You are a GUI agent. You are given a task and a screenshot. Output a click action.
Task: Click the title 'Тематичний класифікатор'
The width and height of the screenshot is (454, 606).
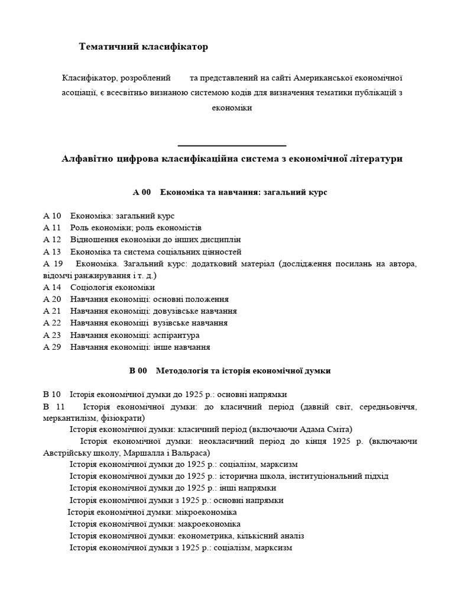click(144, 46)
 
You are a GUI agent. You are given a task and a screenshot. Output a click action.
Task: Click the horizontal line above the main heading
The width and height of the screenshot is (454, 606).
click(232, 145)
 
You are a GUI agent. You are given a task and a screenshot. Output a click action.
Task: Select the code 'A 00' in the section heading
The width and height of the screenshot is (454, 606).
click(142, 192)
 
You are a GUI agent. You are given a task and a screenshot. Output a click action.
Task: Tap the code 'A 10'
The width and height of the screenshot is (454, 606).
click(52, 216)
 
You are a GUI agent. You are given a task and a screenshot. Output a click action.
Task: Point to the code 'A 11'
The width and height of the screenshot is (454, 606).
click(52, 228)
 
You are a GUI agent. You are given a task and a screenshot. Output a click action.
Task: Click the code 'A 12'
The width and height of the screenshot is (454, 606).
click(52, 240)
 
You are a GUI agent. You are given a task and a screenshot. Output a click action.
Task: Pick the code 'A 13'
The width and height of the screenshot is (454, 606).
click(52, 252)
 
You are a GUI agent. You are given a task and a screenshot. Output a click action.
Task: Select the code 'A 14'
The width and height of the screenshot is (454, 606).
click(52, 288)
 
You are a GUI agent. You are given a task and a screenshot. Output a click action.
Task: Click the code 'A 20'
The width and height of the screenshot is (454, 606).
click(52, 299)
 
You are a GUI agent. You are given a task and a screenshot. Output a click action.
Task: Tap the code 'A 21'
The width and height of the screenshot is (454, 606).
click(52, 311)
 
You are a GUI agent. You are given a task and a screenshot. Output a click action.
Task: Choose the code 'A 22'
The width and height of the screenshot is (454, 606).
click(52, 323)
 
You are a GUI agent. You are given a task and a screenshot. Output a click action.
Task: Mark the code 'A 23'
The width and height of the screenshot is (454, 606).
click(52, 335)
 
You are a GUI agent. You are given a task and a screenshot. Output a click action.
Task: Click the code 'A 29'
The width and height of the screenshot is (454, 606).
click(52, 347)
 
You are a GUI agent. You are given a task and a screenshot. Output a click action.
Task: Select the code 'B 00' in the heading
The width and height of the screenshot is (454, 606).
click(138, 371)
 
